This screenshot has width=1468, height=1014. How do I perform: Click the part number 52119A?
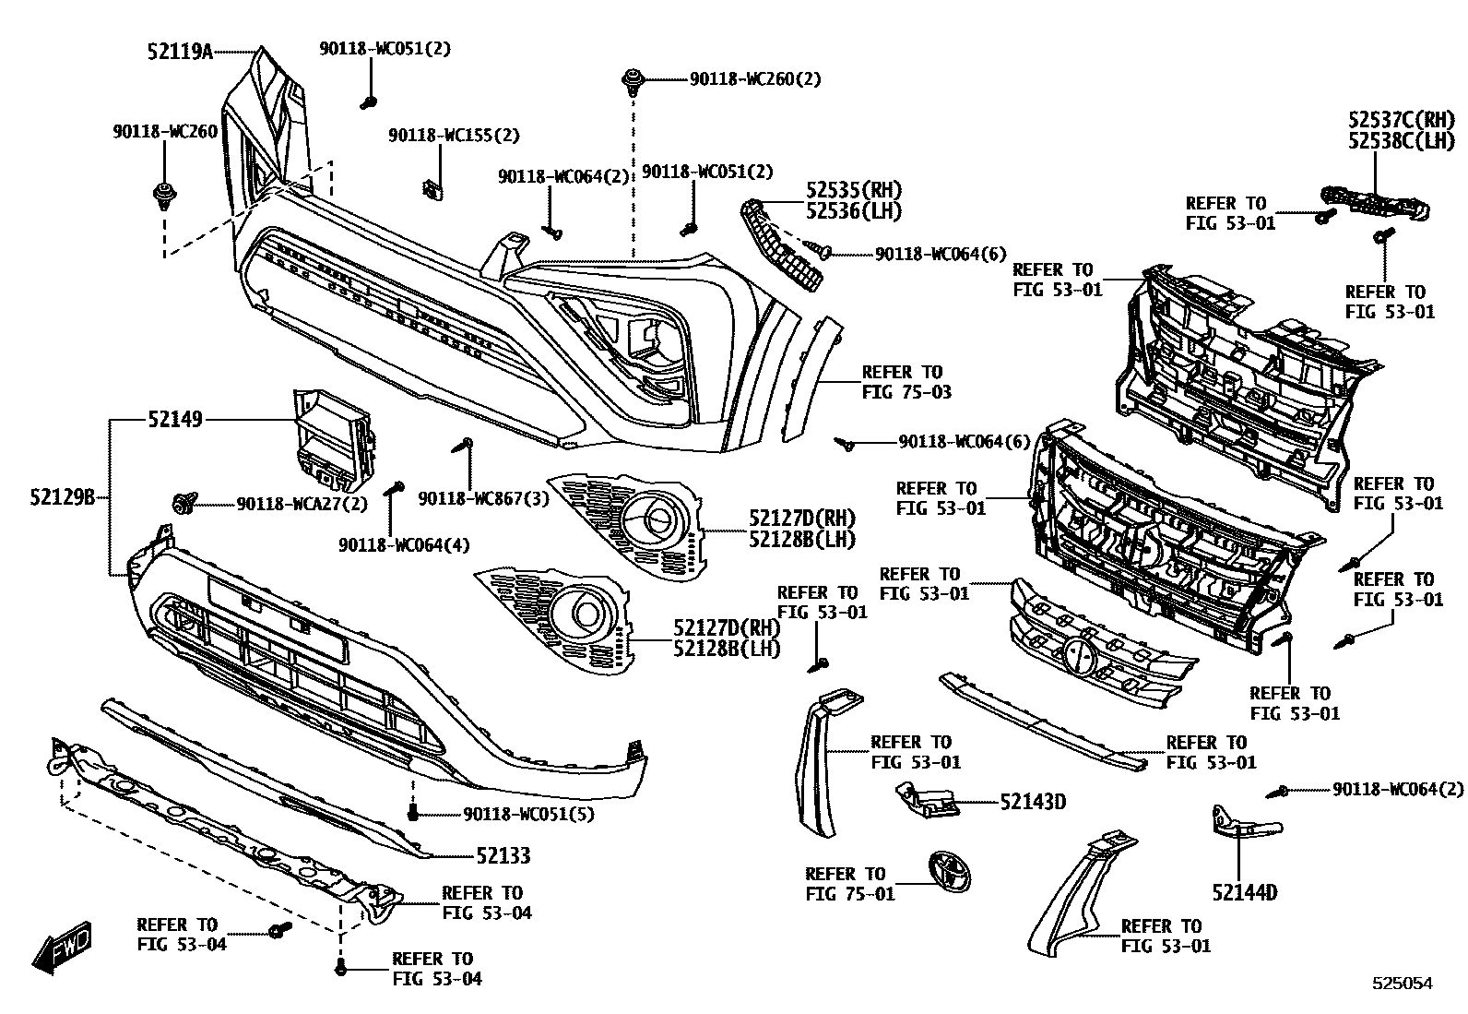point(180,52)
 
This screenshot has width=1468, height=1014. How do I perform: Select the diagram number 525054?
point(1401,984)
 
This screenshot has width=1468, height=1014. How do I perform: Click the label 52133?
point(503,856)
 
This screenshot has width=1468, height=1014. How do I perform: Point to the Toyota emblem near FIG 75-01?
point(948,872)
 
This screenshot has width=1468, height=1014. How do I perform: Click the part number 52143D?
point(1033,802)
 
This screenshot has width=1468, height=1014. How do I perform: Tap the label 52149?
point(174,421)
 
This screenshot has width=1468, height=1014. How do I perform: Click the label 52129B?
point(62,497)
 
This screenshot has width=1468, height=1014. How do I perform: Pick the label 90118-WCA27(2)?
point(302,504)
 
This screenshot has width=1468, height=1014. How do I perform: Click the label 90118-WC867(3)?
point(484,498)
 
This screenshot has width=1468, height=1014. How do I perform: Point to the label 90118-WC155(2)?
point(454,136)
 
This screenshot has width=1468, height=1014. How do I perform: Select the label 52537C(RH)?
point(1401,119)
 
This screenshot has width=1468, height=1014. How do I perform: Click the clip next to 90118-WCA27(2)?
point(183,503)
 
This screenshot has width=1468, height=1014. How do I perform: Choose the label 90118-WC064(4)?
point(404,544)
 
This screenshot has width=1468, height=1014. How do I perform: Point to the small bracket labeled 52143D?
point(925,798)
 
